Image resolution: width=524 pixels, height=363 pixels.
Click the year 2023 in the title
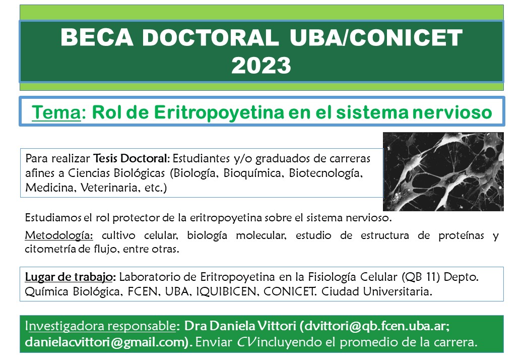(x=261, y=65)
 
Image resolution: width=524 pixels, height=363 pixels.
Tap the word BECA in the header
(x=97, y=37)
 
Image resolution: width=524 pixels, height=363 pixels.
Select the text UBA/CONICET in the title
(x=376, y=37)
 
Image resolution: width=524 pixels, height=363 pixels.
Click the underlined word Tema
(x=56, y=112)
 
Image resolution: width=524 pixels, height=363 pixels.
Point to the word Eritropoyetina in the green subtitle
(x=219, y=112)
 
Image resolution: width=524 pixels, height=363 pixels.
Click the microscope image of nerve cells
(x=443, y=171)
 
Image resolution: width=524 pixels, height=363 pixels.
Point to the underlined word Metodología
(x=59, y=235)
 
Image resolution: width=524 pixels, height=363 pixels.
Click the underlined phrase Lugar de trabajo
(x=69, y=277)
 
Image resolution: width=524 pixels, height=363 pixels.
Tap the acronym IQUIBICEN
(x=226, y=292)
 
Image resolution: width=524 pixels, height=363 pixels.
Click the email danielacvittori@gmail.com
(x=105, y=342)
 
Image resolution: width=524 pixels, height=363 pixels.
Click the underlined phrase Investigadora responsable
(x=100, y=326)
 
